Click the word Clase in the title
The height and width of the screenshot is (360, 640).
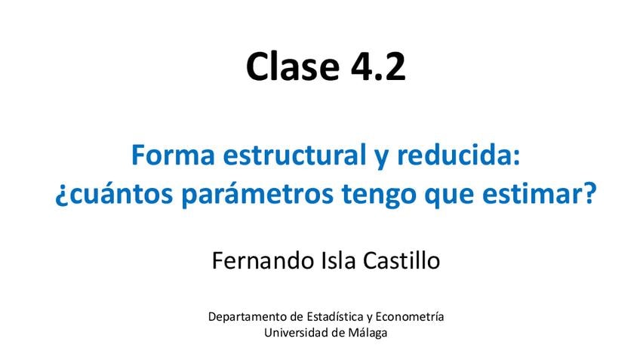click(x=292, y=66)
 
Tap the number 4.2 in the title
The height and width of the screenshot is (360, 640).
click(x=378, y=66)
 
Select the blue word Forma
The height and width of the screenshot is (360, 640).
click(x=173, y=155)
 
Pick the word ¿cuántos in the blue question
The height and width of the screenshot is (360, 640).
click(x=114, y=195)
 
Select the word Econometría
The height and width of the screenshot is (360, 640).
click(x=409, y=316)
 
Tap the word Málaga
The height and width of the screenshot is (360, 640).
click(x=368, y=333)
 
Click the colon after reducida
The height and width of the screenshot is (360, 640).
click(x=516, y=158)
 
